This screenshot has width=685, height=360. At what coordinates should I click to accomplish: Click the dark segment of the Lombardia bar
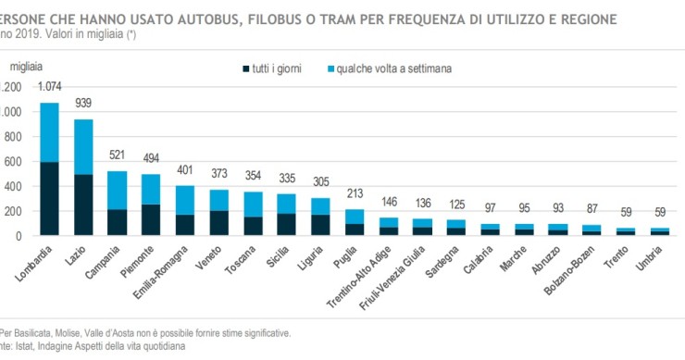coord(49,198)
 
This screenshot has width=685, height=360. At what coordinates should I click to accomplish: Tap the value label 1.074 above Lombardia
coord(49,86)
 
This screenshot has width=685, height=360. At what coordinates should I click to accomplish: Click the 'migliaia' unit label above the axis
coord(28,66)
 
